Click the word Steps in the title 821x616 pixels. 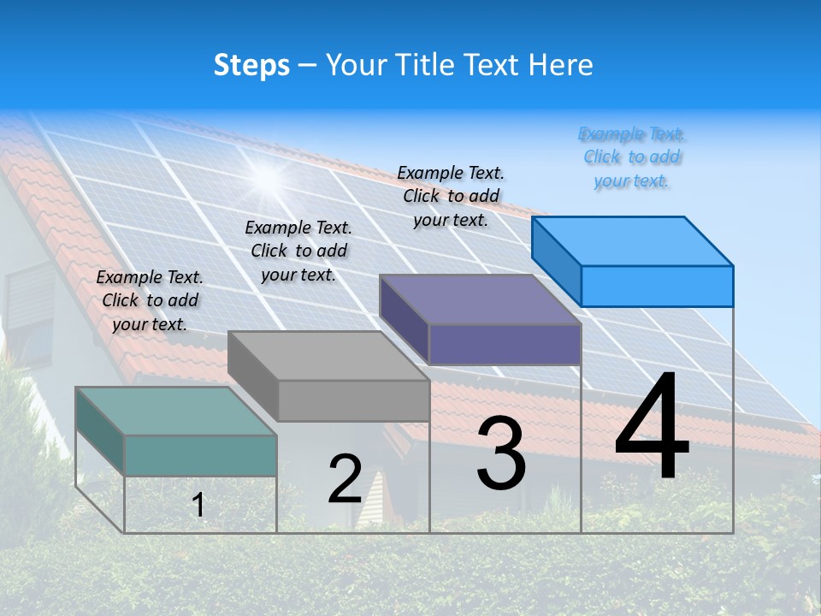click(x=251, y=65)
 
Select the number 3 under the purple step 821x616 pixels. click(x=501, y=453)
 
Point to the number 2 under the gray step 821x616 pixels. click(x=346, y=479)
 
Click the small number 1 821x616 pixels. click(x=198, y=505)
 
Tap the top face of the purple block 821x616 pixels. click(x=480, y=299)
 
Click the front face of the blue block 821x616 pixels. click(x=657, y=286)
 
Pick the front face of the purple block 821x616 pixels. click(x=505, y=344)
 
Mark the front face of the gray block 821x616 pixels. click(x=353, y=400)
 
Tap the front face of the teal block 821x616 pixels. click(x=200, y=455)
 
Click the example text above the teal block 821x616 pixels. click(x=150, y=300)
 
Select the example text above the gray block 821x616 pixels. click(x=298, y=251)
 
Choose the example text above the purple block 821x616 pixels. click(x=451, y=196)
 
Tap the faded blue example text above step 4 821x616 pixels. click(x=632, y=157)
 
